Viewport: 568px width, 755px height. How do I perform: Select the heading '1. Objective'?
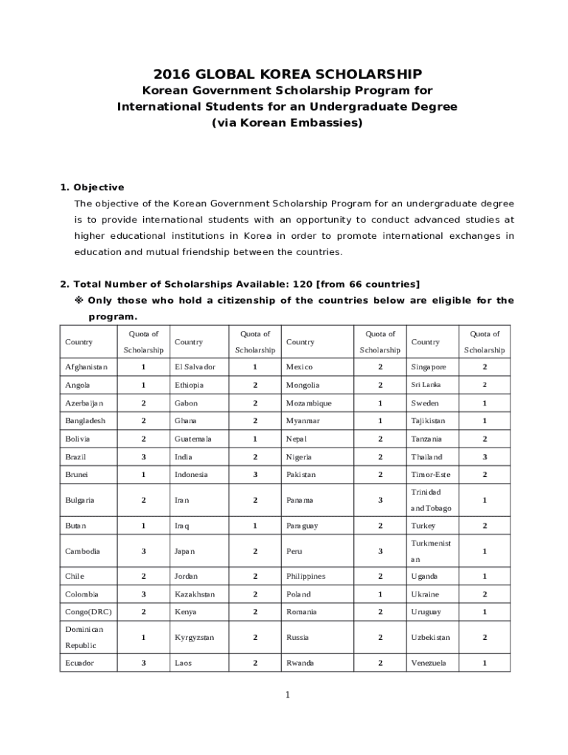point(91,187)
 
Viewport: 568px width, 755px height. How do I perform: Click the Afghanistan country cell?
point(86,366)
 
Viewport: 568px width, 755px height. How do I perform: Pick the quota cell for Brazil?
point(143,457)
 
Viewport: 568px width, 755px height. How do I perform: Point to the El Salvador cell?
point(195,366)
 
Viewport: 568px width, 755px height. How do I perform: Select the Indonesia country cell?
point(191,475)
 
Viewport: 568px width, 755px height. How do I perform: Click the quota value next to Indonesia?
point(255,475)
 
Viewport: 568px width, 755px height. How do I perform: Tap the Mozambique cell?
point(308,403)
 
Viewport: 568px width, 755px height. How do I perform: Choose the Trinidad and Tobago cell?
point(431,500)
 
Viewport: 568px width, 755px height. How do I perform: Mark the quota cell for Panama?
point(381,500)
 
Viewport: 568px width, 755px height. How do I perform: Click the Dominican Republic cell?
point(84,637)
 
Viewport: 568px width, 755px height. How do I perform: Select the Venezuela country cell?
point(428,663)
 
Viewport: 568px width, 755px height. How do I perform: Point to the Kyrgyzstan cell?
point(194,637)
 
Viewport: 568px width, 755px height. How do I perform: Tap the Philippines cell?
point(305,576)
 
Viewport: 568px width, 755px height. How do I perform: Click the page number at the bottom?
point(287,695)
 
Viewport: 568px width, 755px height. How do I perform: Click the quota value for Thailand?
point(485,457)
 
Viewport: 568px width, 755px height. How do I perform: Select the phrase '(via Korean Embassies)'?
point(287,123)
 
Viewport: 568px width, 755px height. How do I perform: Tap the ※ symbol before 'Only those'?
point(79,300)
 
